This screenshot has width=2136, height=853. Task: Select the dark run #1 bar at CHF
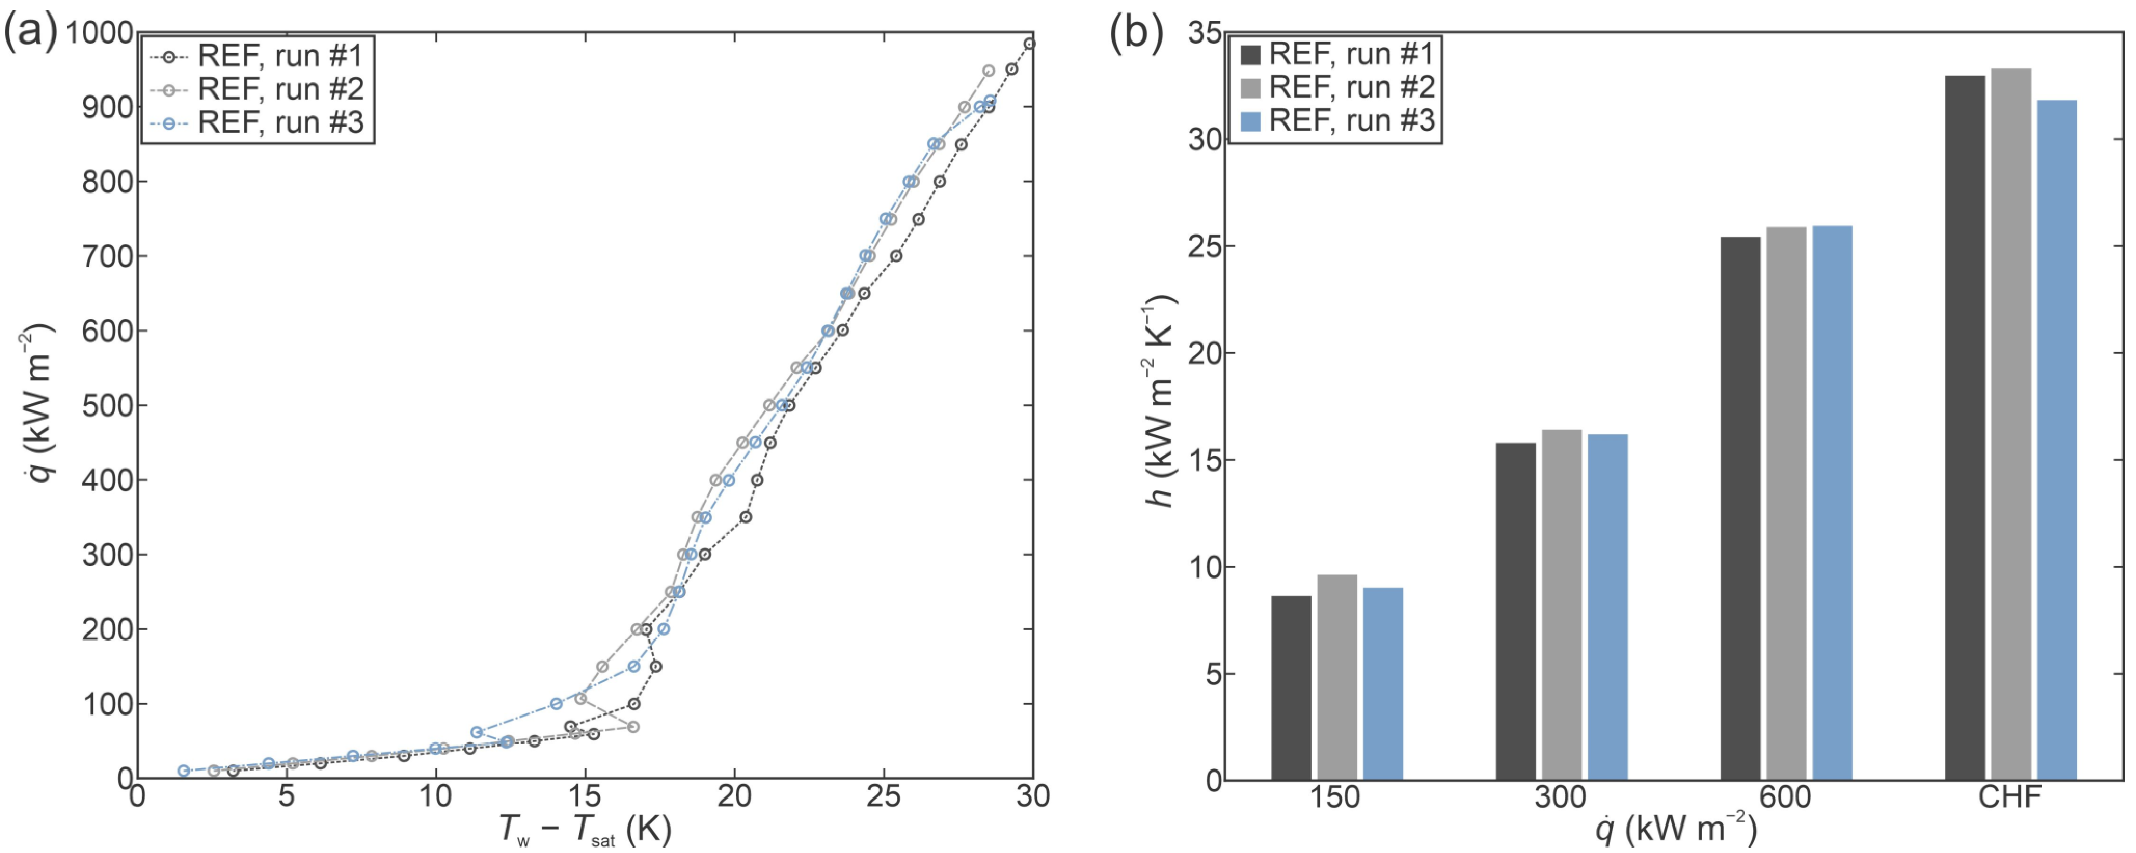click(x=1964, y=427)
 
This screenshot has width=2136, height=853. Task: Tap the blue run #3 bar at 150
click(x=1383, y=684)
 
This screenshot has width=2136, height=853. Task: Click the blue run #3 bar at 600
click(x=1832, y=502)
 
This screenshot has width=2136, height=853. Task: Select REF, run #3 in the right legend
click(x=1351, y=121)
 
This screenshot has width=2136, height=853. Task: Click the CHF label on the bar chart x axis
click(x=2010, y=797)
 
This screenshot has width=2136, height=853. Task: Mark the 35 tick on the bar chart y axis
click(x=1204, y=33)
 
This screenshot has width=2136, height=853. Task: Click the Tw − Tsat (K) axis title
click(x=585, y=830)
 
